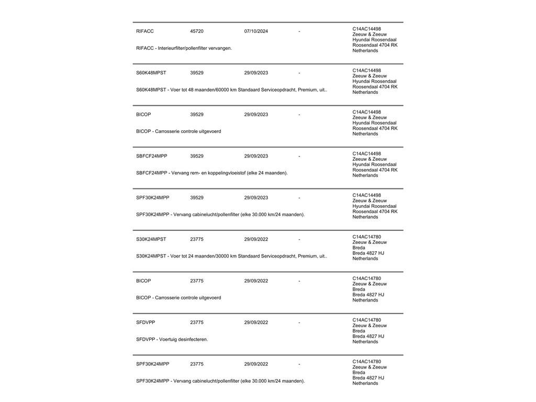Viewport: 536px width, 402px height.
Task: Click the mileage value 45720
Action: pos(197,31)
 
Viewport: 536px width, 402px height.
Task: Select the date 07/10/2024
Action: pos(256,31)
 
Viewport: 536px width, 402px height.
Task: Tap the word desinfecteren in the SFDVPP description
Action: pos(193,339)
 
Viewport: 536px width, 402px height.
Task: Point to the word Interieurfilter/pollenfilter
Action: pos(183,48)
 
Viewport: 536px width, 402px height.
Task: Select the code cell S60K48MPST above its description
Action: pos(151,73)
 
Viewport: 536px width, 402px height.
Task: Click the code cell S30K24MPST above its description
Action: pos(151,239)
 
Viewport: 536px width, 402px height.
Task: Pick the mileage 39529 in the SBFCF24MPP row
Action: pos(197,156)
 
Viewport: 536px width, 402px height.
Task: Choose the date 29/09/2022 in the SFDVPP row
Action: pos(256,322)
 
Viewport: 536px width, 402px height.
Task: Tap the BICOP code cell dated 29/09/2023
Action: pos(143,115)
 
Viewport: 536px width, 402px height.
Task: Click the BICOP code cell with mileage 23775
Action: pos(143,281)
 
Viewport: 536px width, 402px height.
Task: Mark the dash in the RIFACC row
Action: pos(299,31)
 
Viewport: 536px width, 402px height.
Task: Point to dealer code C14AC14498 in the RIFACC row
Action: pos(366,29)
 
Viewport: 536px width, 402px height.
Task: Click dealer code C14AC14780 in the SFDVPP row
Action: pos(366,320)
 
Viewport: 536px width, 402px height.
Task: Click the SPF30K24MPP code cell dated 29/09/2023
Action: pos(152,198)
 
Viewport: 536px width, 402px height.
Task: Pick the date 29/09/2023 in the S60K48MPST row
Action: pos(256,73)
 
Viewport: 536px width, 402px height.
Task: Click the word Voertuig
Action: pos(168,339)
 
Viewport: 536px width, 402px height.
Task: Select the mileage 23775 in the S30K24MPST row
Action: pos(197,239)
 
